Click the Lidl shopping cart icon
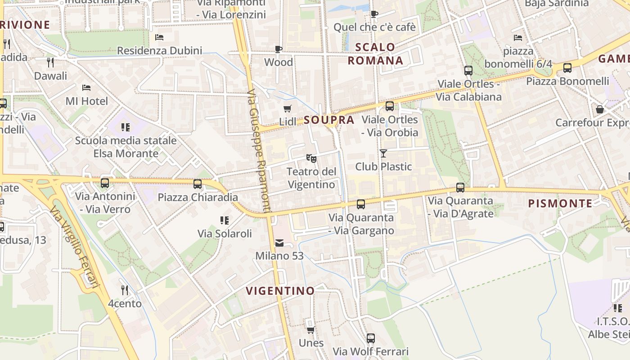(x=287, y=108)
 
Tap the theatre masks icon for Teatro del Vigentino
(x=311, y=158)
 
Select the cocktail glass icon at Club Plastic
(x=383, y=153)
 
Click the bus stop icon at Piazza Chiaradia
(x=197, y=184)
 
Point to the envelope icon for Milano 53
(x=279, y=243)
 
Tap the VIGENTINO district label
(x=280, y=291)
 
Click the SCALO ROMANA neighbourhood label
(x=375, y=54)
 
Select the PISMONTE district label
(x=560, y=203)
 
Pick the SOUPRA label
(x=329, y=120)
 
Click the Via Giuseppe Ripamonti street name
(x=259, y=151)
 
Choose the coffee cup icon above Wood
(x=278, y=49)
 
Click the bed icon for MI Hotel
(x=86, y=88)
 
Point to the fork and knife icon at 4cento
(x=125, y=290)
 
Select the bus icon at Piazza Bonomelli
(x=567, y=68)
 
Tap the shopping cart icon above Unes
(x=310, y=330)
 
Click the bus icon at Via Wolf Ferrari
(x=370, y=338)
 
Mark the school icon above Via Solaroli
(x=224, y=220)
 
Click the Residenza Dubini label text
(x=159, y=50)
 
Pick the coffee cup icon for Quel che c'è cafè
(x=374, y=14)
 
